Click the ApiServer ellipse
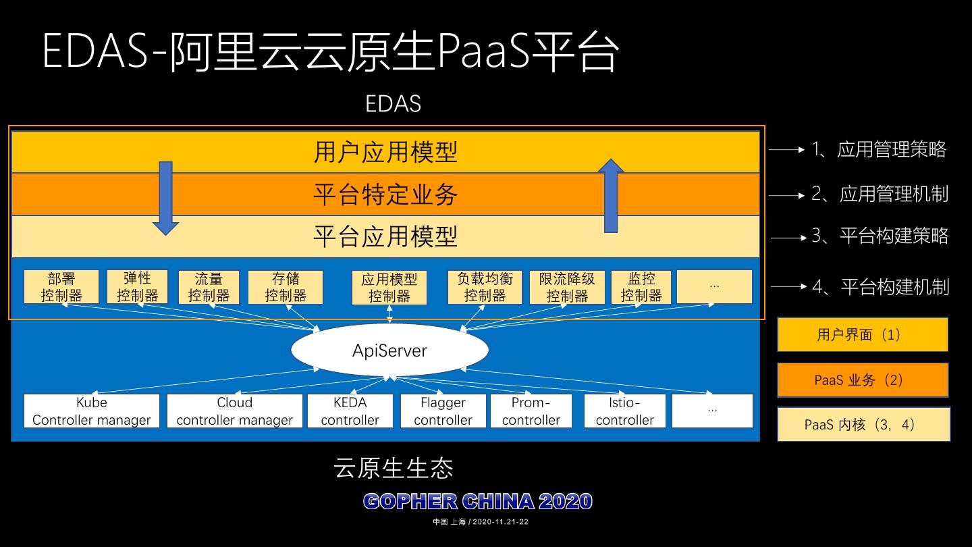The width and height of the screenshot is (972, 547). point(389,350)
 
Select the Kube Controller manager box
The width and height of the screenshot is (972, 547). point(92,411)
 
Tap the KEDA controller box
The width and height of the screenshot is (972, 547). point(350,411)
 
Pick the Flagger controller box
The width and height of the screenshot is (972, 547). point(443,411)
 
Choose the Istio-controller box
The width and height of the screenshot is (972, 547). point(624,411)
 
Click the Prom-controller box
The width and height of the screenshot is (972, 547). point(531,411)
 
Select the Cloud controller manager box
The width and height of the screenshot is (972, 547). point(234,411)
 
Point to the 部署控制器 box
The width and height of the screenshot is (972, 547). point(61,287)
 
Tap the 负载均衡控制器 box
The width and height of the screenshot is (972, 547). point(485,287)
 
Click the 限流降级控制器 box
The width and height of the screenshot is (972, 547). point(567,287)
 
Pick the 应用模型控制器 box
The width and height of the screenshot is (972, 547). point(389,288)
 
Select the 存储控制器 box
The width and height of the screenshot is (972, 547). point(286,287)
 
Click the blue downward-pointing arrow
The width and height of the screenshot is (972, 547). point(165,198)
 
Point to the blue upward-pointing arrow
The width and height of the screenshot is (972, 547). point(611,196)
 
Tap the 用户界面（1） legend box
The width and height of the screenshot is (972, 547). point(863,334)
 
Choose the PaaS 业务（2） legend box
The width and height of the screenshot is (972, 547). point(863,380)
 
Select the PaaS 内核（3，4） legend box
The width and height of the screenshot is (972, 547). point(863,425)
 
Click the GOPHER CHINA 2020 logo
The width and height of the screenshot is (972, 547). point(478,502)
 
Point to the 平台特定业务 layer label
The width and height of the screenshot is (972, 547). point(385,194)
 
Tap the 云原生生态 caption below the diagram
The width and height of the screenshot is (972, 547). point(394,467)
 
